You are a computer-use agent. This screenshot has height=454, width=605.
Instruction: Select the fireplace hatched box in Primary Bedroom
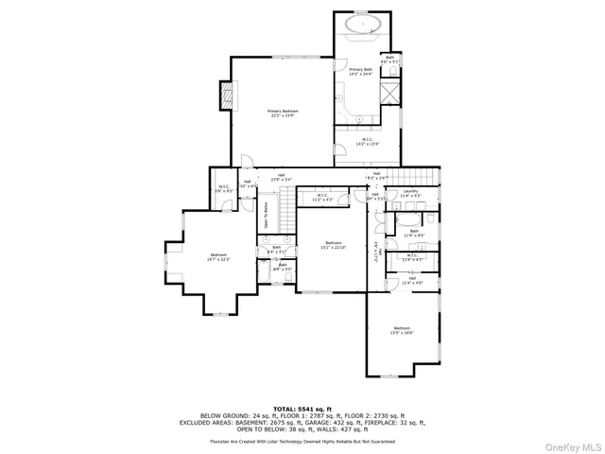pos(225,95)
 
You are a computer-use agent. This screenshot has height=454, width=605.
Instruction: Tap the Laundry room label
pos(411,194)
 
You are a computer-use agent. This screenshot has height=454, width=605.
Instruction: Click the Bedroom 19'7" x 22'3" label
pos(218,257)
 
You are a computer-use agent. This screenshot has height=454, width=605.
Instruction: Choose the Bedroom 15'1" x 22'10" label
pos(332,245)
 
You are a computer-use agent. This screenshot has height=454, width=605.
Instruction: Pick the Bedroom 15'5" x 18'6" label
pos(403,330)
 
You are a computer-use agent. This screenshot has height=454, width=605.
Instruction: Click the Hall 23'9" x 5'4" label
pos(281,177)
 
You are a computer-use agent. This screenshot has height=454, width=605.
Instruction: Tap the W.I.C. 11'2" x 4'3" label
pos(322,198)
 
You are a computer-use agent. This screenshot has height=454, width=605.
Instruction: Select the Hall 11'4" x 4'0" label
pos(412,280)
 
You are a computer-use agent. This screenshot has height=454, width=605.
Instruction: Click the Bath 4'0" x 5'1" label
pos(389,59)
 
